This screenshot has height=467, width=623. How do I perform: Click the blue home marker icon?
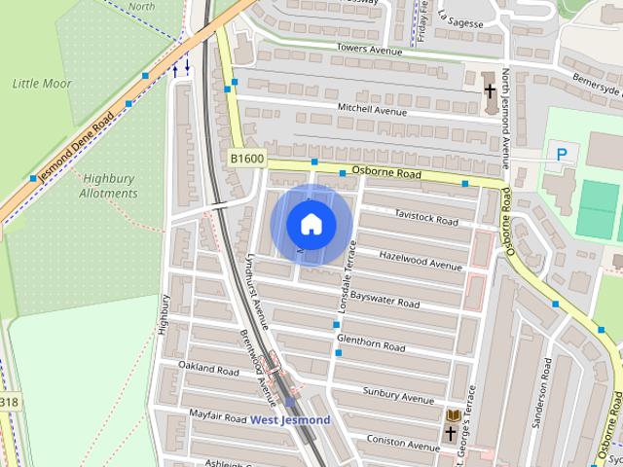[x=311, y=224]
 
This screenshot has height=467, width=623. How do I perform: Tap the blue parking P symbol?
[x=561, y=153]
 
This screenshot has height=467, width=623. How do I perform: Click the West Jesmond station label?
[x=290, y=420]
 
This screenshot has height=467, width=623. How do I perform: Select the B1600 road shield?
[x=247, y=158]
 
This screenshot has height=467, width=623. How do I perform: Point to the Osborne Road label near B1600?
[x=385, y=174]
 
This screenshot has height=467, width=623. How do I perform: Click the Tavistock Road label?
[x=425, y=218]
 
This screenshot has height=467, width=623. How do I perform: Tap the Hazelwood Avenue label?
[x=421, y=261]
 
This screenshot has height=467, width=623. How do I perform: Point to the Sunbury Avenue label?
[x=398, y=396]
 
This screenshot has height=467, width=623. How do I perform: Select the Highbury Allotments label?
[x=108, y=185]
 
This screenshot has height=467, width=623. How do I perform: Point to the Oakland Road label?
[x=208, y=368]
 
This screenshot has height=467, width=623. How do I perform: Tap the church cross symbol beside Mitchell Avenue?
[x=490, y=90]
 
